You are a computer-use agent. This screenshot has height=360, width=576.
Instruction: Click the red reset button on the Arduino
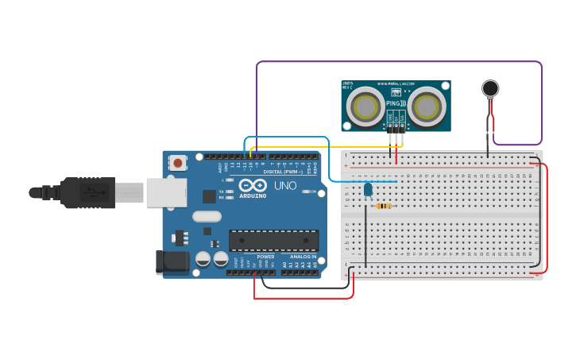click(x=178, y=163)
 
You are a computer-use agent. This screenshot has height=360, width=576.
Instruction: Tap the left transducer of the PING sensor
click(x=366, y=106)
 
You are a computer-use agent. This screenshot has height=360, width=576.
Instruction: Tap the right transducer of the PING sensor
click(x=427, y=106)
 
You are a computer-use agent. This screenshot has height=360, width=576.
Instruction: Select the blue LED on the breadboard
click(x=368, y=189)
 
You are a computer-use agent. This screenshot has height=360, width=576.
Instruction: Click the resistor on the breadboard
click(x=384, y=206)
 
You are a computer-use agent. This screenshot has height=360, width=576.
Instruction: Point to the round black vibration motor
click(x=490, y=88)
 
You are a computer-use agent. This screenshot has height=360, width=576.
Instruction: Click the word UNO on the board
click(x=285, y=186)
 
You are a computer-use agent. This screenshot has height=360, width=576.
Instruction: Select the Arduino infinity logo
click(x=252, y=185)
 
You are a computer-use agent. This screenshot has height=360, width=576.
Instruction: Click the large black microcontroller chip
click(x=273, y=240)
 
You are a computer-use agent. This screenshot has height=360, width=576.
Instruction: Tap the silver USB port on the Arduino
click(x=166, y=192)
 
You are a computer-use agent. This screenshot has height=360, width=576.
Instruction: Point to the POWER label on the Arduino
click(x=265, y=257)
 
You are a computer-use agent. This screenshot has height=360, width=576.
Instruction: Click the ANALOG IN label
click(x=302, y=257)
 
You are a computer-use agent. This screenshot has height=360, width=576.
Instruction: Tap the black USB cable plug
click(x=87, y=192)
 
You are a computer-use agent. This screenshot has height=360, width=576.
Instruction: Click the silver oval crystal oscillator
click(x=207, y=216)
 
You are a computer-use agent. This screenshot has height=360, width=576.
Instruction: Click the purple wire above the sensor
click(x=397, y=62)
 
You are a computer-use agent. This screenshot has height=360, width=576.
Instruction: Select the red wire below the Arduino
click(x=302, y=298)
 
